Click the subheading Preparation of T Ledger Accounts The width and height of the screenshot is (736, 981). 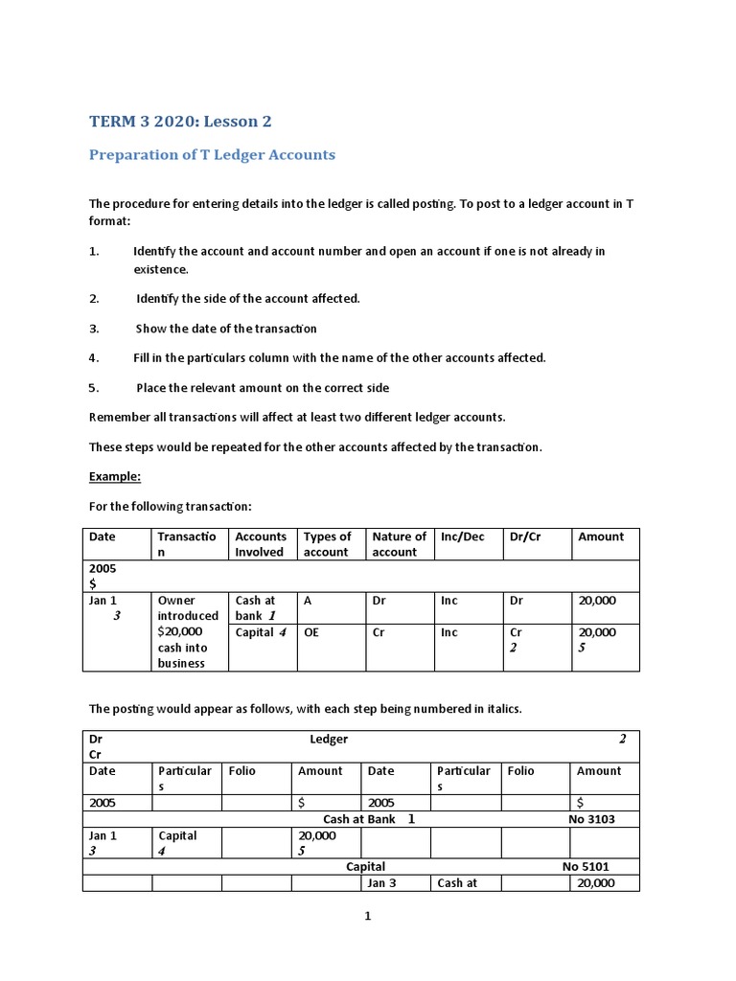tap(212, 154)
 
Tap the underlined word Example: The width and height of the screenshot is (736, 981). tap(114, 476)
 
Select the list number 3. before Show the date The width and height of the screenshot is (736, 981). tap(94, 328)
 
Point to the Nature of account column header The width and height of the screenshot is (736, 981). tap(399, 544)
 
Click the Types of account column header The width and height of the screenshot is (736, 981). tap(328, 544)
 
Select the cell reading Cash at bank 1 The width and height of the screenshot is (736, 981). tap(257, 607)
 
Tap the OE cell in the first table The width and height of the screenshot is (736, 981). tap(311, 632)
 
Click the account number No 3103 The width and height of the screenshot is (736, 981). tap(591, 819)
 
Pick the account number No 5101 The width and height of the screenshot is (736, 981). tap(586, 866)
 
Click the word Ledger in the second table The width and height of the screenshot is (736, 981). tap(329, 739)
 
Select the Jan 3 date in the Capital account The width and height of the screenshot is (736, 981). tap(381, 883)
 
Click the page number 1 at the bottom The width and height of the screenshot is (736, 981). tap(367, 916)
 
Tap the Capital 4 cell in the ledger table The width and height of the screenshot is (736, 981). tap(178, 842)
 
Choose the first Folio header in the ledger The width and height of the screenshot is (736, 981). tap(242, 770)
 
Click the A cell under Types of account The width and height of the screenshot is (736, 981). tap(308, 601)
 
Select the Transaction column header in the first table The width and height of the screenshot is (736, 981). tap(187, 544)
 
